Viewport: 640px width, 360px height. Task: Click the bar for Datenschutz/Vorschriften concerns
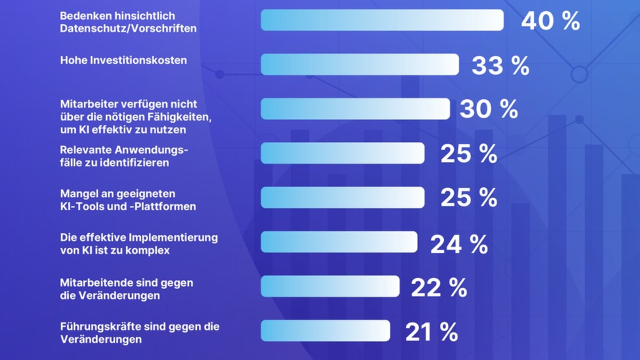[382, 20]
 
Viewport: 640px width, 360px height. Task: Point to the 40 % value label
[550, 21]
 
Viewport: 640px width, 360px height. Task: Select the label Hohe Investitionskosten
[123, 60]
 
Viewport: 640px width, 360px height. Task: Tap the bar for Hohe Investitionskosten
[359, 65]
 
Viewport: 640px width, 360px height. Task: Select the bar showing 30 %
[355, 109]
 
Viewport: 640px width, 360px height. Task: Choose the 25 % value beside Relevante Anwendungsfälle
[469, 154]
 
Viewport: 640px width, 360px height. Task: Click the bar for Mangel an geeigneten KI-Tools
[342, 197]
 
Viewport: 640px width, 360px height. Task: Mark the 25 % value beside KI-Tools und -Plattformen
[469, 197]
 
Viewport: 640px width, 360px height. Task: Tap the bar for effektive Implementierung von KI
[339, 242]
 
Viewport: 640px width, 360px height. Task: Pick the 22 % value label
[439, 288]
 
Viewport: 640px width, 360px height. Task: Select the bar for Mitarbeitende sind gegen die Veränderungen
[330, 286]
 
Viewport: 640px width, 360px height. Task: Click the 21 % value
[431, 332]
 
